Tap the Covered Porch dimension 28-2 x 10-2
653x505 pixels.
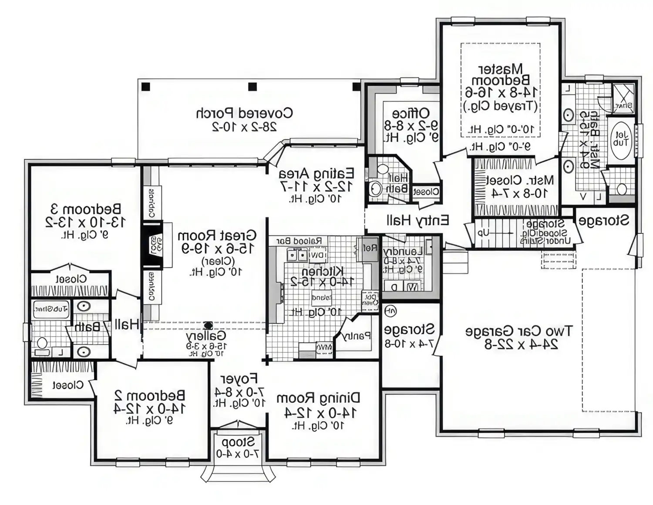244,127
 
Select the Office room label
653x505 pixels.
411,113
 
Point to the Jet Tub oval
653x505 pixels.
621,139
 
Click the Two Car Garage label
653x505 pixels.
519,331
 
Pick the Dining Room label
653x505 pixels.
318,398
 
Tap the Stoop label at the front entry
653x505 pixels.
238,442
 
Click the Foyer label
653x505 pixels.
239,379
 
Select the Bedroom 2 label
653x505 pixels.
149,395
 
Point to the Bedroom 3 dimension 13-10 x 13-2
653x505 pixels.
85,222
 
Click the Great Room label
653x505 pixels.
217,236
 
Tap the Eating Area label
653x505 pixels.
316,173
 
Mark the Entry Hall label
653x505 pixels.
417,220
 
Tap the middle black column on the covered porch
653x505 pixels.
252,87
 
